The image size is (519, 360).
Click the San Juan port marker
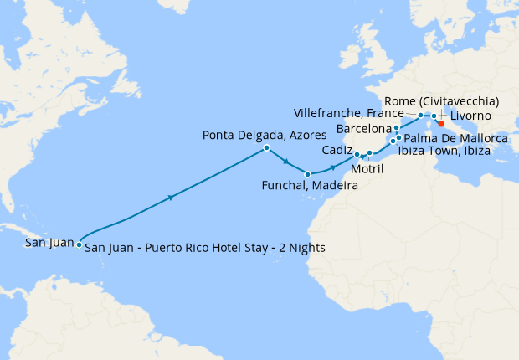click(x=79, y=244)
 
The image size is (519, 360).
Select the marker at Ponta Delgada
click(x=266, y=148)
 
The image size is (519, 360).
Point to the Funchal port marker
click(x=308, y=174)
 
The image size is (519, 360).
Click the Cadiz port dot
click(x=357, y=154)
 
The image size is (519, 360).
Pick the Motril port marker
click(x=369, y=153)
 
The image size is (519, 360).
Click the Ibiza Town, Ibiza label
click(x=444, y=151)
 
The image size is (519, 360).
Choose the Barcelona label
click(x=363, y=129)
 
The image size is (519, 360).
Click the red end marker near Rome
click(x=441, y=122)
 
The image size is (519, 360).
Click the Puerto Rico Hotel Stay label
click(x=205, y=248)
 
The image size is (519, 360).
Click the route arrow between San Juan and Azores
click(x=171, y=198)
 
